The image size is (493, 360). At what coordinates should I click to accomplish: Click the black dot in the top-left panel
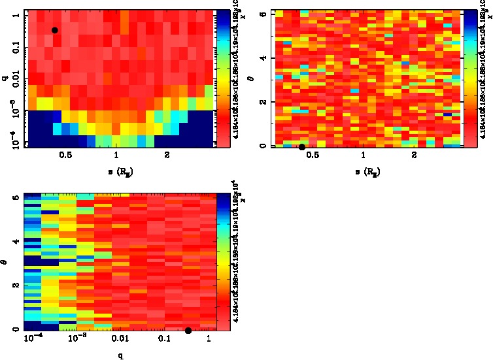(55, 30)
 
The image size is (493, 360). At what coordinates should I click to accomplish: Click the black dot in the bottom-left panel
(188, 331)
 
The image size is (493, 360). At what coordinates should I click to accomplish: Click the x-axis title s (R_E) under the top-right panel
(369, 172)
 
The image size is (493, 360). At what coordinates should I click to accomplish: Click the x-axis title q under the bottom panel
(120, 357)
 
